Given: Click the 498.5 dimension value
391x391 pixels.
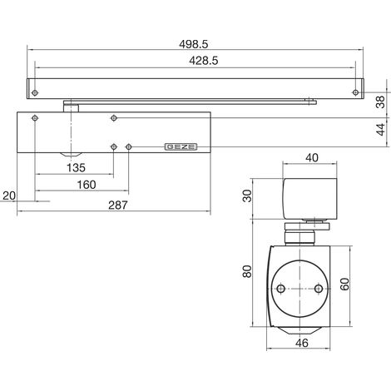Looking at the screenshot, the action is (193, 44).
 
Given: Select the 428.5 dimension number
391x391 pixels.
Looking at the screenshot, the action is (204, 61).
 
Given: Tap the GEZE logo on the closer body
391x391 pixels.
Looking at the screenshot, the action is (181, 146).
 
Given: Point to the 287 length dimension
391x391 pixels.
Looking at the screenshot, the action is (118, 205).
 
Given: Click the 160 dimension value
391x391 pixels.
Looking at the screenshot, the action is (87, 185).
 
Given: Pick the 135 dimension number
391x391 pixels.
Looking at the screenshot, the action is (76, 168).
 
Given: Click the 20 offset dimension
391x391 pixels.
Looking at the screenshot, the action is (9, 195).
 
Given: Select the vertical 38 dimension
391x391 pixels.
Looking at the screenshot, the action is (382, 101).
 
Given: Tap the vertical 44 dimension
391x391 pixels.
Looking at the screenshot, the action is (382, 130).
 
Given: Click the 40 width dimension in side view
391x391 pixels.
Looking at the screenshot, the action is (312, 158).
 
